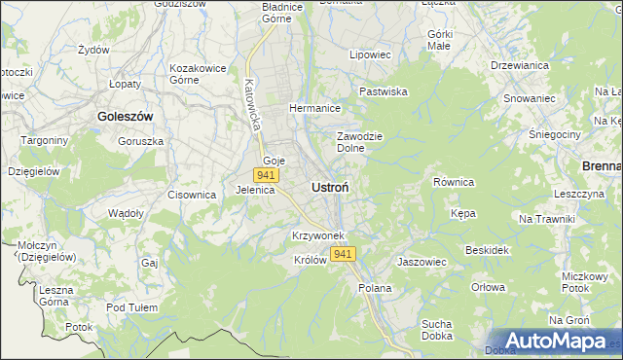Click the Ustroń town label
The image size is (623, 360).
[331, 186]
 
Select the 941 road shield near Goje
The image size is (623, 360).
[266, 175]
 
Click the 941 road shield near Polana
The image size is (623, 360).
[343, 254]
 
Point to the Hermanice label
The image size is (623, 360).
[314, 108]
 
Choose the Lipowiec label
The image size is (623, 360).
[370, 55]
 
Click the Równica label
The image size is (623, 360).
[453, 182]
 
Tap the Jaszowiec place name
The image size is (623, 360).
[421, 262]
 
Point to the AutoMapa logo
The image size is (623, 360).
[551, 341]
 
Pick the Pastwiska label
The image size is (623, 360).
[384, 91]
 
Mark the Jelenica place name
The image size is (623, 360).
[255, 191]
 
